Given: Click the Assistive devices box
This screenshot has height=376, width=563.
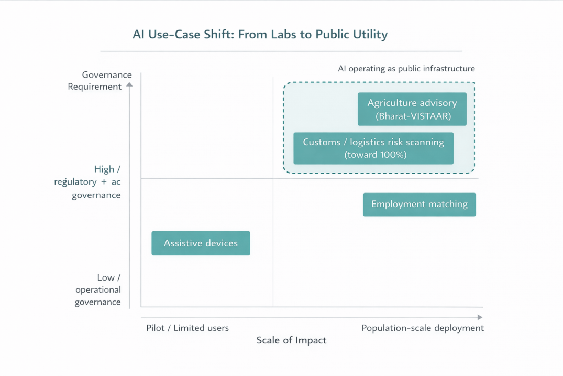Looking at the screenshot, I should (201, 243).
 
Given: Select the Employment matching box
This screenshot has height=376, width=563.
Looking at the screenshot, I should (419, 205).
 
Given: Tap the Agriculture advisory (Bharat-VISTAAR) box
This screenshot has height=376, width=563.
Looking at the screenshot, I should (412, 109).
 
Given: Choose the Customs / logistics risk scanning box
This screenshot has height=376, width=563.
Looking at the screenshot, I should (373, 148).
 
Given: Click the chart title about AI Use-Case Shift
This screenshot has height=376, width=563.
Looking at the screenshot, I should (260, 35).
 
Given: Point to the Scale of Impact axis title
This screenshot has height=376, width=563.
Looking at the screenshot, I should (291, 340).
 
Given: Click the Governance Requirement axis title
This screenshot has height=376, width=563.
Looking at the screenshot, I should (100, 81).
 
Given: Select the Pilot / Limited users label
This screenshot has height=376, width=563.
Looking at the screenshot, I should (187, 328).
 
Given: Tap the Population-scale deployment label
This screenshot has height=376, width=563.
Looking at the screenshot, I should (423, 328).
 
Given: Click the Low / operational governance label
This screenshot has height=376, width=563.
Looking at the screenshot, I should (98, 289).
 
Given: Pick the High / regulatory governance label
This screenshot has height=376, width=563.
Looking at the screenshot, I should (87, 182).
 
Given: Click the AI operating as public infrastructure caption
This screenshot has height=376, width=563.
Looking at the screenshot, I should (406, 69).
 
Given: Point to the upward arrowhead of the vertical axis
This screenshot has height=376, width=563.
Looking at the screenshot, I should (129, 84).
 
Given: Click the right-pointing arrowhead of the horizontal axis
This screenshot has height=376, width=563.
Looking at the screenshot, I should (480, 317).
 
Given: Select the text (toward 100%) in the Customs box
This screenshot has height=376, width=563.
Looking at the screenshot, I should (375, 155).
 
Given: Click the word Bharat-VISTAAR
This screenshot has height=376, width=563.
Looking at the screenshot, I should (413, 116).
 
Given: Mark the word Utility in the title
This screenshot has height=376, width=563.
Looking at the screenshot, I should (370, 35).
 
